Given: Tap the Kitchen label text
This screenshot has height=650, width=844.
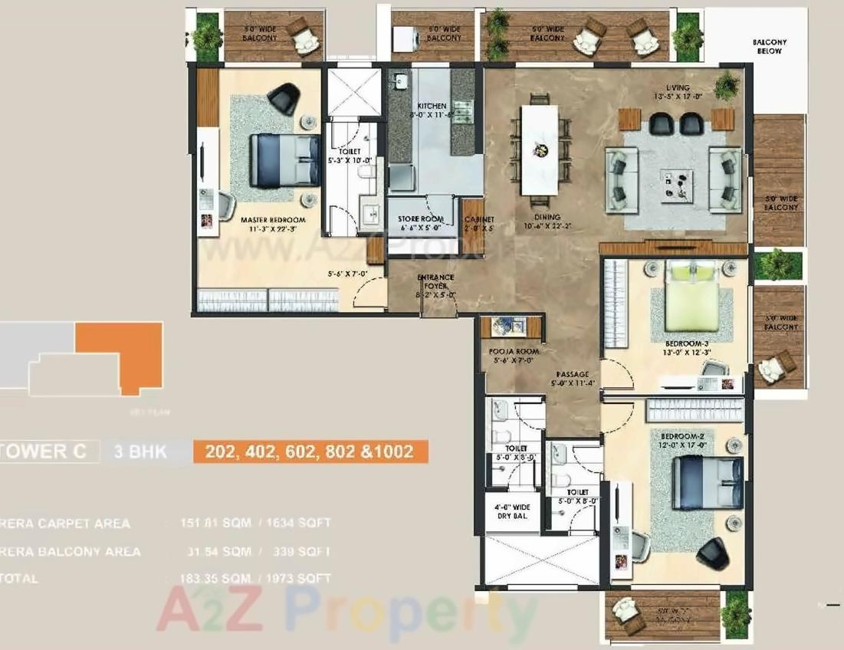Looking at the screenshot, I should [432, 106].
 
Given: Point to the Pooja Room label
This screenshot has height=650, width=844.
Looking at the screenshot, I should [514, 351].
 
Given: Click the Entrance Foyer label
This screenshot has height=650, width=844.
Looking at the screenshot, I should [435, 277].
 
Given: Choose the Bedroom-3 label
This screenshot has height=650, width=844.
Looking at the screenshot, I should [687, 343].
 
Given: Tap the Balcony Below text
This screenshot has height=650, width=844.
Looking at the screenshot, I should [769, 47].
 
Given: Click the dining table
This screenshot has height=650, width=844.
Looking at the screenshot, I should [540, 149].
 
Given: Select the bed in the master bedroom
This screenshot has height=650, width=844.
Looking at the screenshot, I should [285, 160].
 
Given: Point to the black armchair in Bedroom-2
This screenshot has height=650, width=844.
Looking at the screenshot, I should [712, 553].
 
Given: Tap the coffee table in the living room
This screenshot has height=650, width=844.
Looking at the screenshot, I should [676, 185].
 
